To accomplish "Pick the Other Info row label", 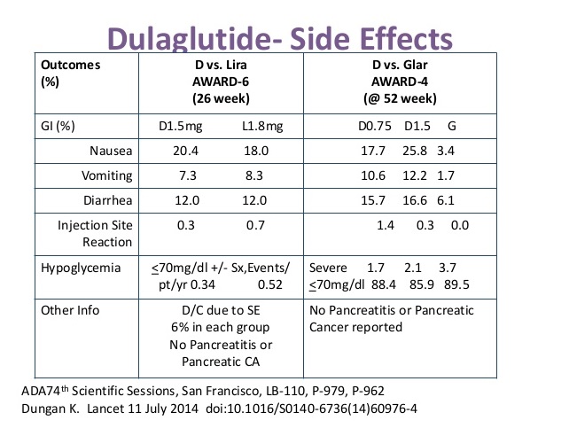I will (71, 311).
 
